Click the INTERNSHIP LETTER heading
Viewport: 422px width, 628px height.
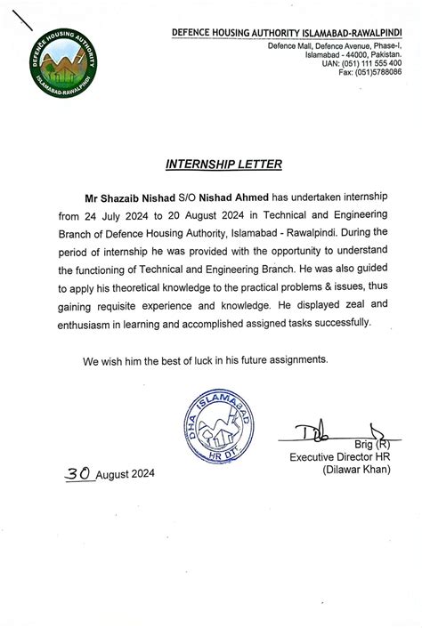pyautogui.click(x=211, y=165)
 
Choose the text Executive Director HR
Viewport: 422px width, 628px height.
pyautogui.click(x=339, y=457)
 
